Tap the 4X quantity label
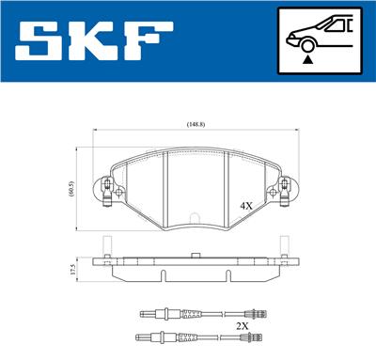(x=246, y=205)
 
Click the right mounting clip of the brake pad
(x=280, y=194)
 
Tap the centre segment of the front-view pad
(x=196, y=184)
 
